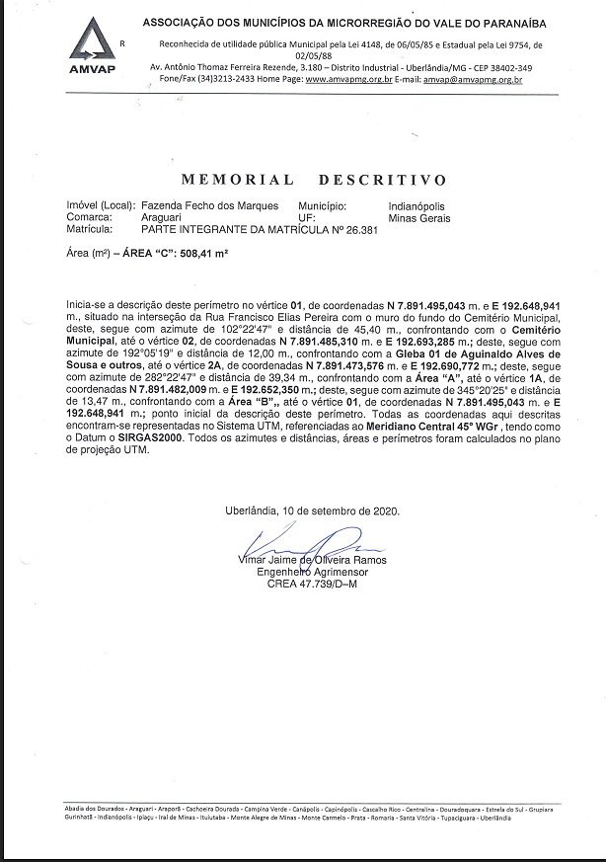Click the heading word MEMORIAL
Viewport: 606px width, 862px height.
(237, 180)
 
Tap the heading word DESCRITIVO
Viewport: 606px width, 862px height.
(383, 180)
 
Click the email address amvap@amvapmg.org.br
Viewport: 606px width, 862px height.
(472, 78)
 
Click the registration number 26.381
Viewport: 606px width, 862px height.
(361, 228)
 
